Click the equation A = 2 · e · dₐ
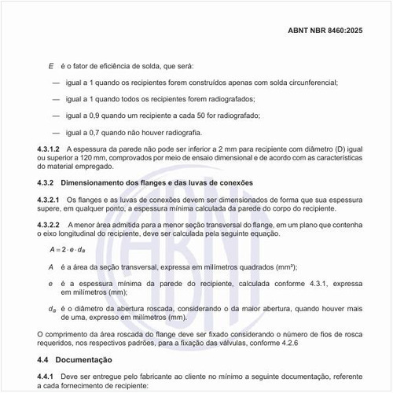(67, 249)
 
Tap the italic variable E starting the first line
(52, 66)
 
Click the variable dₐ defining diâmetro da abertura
(53, 309)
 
